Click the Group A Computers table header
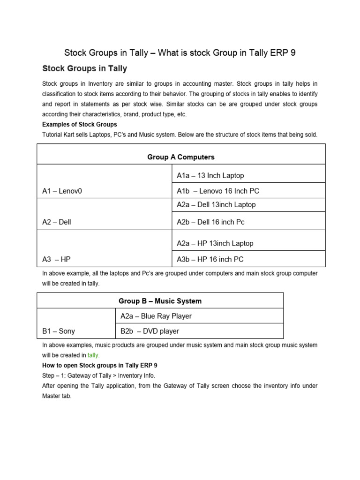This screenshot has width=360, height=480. pos(180,157)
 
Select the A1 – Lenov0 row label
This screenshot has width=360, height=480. pos(62,191)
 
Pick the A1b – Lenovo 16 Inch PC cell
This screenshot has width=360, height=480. pos(218,191)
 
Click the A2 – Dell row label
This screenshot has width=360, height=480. pos(56,222)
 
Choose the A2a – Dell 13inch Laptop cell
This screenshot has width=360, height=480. pos(216,204)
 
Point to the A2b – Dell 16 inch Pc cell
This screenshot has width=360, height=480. pos(210,222)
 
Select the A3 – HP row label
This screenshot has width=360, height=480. pos(56,259)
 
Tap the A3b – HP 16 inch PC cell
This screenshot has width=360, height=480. pos(210,259)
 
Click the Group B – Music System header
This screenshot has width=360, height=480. pos(160,301)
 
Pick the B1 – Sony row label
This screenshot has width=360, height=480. pos(58,331)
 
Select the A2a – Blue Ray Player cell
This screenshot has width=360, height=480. pos(156,316)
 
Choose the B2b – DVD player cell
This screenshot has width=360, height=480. pos(150,331)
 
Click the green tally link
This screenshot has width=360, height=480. pos(93,355)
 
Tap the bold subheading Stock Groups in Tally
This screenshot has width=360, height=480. pos(84,68)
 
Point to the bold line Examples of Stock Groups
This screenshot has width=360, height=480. pos(79,125)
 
